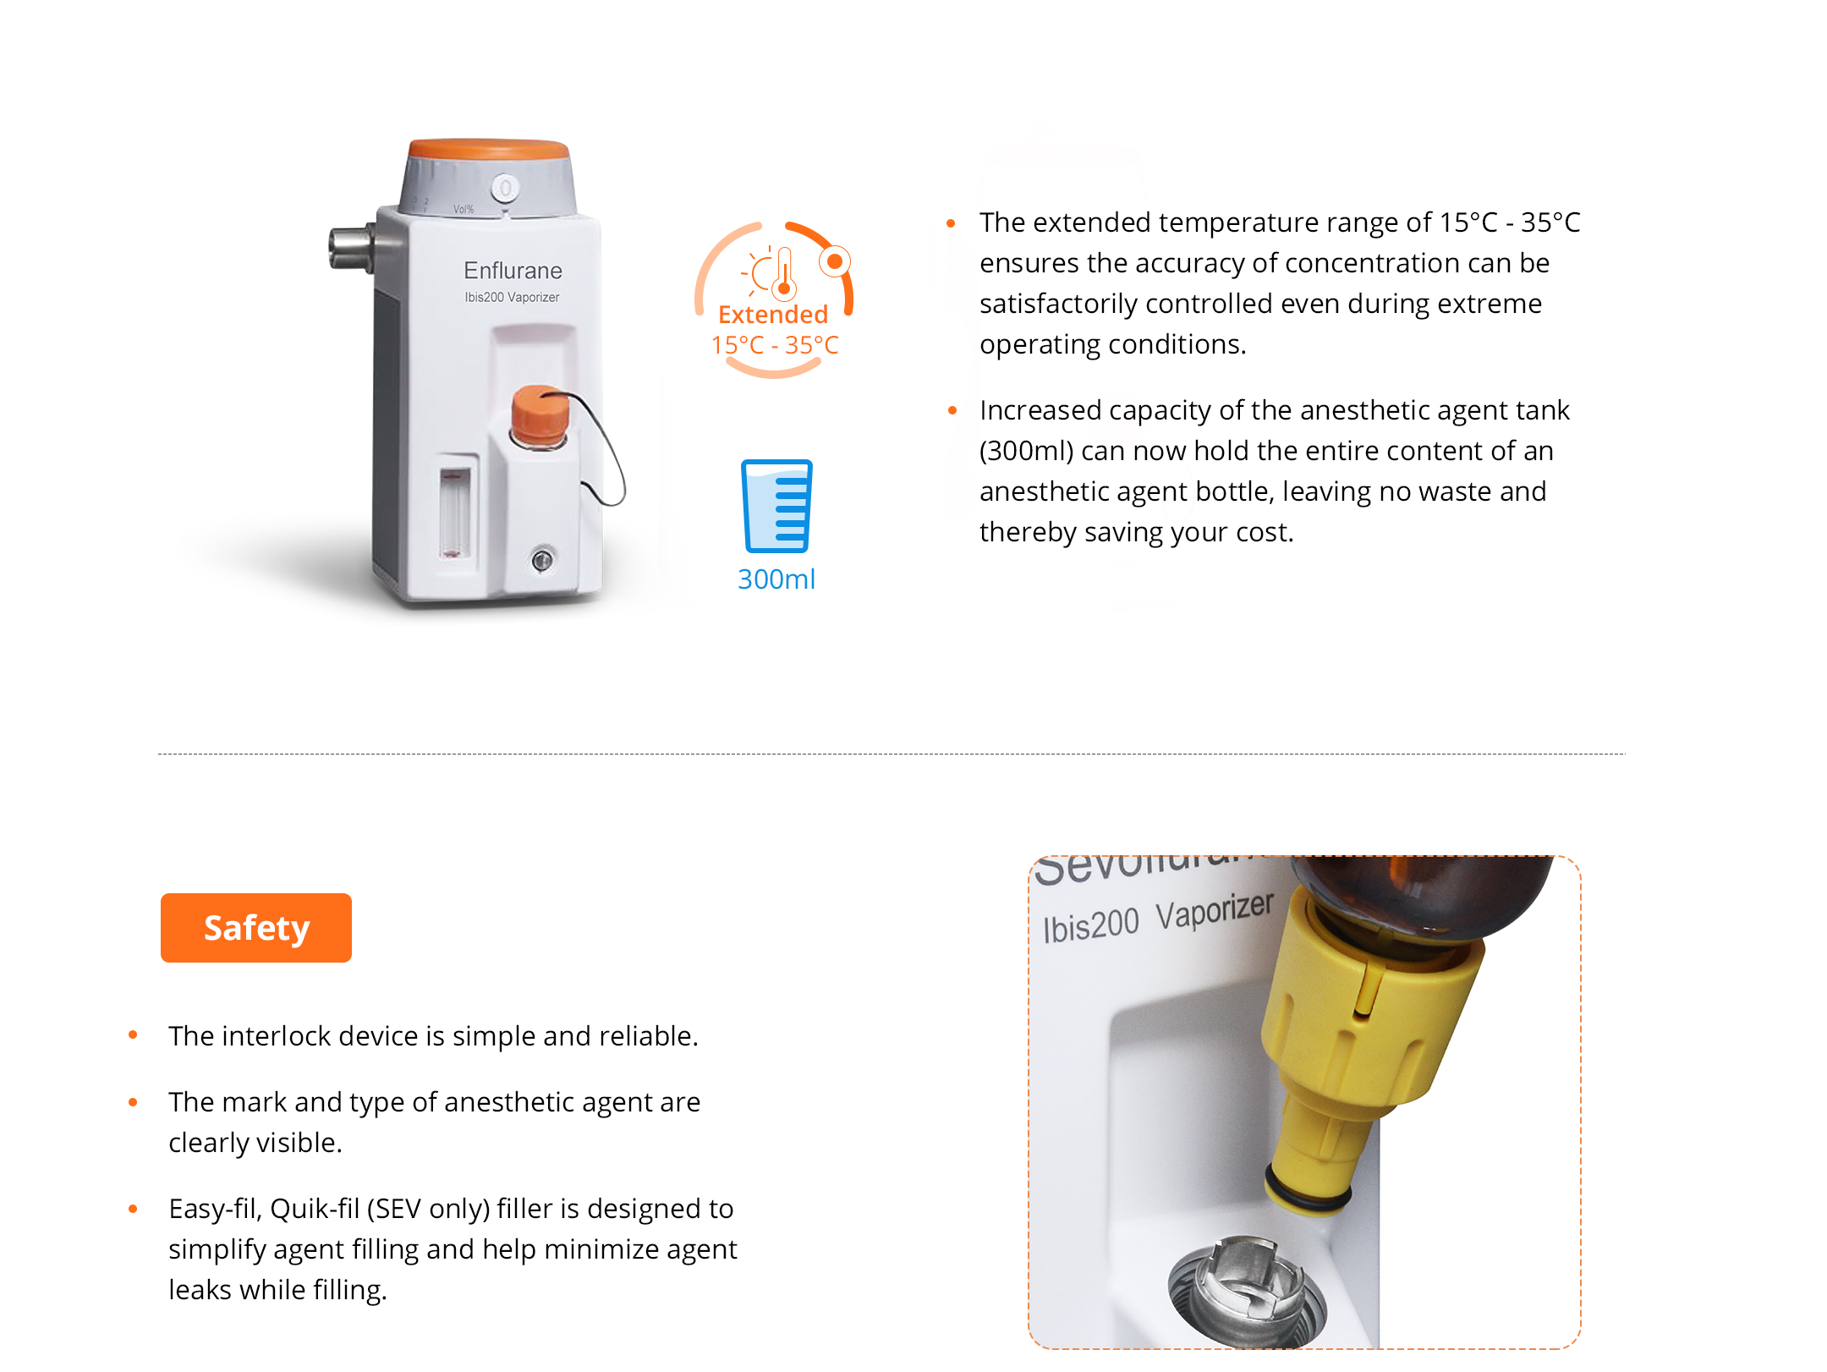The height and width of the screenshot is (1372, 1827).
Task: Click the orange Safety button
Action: [256, 928]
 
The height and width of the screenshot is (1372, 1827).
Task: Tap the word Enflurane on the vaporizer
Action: [513, 271]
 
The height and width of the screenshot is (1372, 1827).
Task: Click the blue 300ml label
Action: [776, 579]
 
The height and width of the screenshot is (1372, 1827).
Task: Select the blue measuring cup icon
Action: [776, 506]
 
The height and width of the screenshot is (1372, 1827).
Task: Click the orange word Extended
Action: [773, 315]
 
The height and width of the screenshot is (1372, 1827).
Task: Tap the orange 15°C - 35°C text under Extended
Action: [775, 345]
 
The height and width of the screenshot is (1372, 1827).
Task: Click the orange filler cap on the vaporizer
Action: [540, 414]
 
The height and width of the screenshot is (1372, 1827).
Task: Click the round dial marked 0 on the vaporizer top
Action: [506, 188]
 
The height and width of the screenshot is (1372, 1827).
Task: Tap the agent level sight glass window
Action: [455, 513]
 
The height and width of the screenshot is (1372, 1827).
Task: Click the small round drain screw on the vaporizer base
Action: [542, 559]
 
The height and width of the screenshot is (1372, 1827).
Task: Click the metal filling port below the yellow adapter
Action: [1248, 1290]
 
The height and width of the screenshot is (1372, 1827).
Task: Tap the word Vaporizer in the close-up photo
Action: [1215, 911]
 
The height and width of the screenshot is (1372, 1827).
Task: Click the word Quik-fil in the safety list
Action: [315, 1209]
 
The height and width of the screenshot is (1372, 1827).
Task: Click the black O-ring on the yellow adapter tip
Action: [1308, 1188]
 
